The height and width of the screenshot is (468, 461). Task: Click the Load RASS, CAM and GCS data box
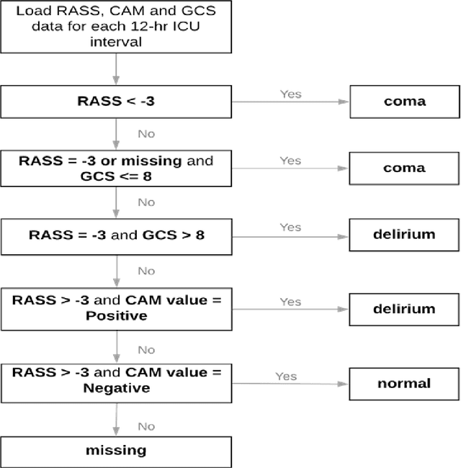tap(116, 27)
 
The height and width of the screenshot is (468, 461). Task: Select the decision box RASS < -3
tap(116, 102)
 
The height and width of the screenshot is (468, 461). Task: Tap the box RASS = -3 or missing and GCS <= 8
tap(116, 168)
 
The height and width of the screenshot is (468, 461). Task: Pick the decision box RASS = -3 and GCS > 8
tap(116, 235)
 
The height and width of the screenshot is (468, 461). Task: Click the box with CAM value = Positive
tap(116, 308)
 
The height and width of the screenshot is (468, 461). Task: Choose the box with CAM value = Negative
tap(116, 382)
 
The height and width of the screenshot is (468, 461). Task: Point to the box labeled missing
tap(116, 451)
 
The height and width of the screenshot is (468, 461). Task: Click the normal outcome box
tap(403, 383)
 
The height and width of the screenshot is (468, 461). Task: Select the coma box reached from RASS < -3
tap(403, 102)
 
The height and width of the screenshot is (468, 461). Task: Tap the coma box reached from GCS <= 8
tap(403, 168)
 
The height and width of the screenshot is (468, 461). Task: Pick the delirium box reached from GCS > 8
tap(403, 235)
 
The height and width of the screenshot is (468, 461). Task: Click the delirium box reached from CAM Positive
tap(403, 309)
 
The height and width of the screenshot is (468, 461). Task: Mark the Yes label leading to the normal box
tap(286, 376)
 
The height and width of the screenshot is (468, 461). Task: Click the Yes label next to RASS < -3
tap(290, 94)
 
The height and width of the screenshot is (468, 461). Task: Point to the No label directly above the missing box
tap(146, 426)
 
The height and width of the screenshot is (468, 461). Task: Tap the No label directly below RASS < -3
tap(146, 134)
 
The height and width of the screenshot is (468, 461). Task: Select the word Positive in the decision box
tap(116, 316)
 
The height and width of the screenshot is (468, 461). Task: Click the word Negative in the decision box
tap(116, 389)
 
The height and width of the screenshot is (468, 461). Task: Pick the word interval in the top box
tap(116, 42)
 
